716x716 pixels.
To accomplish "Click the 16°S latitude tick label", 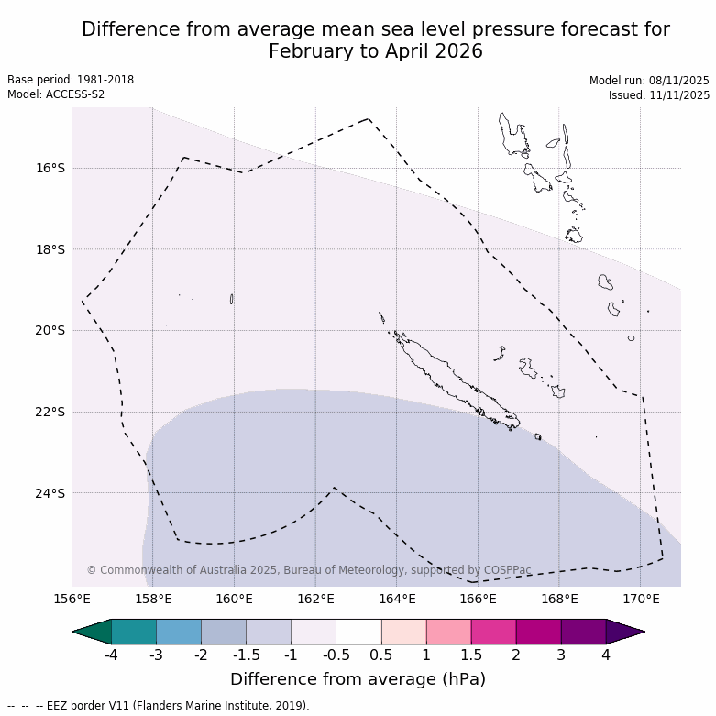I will tap(50, 168).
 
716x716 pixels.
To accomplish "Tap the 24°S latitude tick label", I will tap(50, 493).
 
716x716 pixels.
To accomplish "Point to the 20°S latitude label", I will tap(50, 330).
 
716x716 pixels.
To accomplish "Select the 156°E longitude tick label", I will tap(72, 600).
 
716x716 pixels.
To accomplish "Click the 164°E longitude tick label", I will tap(397, 600).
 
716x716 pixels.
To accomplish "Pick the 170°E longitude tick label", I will tap(641, 600).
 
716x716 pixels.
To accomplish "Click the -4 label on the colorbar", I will tap(111, 655).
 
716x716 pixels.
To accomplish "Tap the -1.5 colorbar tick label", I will tap(246, 655).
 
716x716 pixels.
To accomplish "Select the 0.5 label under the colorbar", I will tap(381, 655).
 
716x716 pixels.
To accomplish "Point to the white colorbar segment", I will tap(358, 632).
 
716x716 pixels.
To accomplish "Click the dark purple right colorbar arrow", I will tap(626, 632).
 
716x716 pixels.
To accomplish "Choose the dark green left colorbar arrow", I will tap(91, 632).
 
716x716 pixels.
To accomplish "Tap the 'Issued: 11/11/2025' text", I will tap(658, 95).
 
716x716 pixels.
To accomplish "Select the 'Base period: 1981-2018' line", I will tap(71, 80).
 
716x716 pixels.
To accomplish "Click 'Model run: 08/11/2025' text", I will tap(649, 81).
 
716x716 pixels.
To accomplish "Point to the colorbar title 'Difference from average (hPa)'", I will tap(358, 679).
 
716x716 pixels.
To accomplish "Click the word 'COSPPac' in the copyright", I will tap(509, 570).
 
